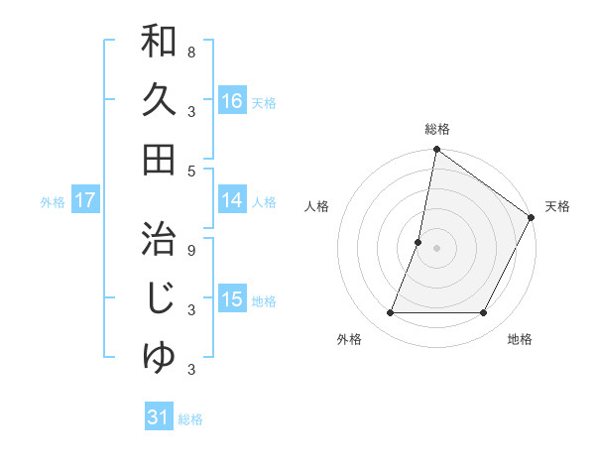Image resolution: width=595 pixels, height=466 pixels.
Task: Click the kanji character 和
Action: tap(159, 42)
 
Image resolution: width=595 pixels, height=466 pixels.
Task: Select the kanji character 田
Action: tap(159, 159)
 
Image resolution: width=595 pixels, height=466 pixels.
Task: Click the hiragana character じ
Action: tap(159, 298)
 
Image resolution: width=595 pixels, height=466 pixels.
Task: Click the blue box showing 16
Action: tap(232, 101)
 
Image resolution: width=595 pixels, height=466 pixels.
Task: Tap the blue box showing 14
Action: tap(232, 200)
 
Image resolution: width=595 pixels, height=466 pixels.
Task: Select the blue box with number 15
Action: tap(232, 299)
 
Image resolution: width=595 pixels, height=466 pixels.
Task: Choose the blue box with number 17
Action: tap(84, 200)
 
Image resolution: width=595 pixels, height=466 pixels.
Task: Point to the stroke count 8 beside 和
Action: tap(191, 52)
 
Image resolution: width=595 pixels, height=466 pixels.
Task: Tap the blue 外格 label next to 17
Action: tap(53, 201)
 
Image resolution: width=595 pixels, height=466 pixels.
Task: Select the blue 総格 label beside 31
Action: tap(190, 418)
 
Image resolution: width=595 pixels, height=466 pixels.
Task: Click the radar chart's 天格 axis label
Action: tap(557, 206)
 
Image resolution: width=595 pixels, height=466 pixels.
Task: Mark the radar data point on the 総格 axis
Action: tap(436, 151)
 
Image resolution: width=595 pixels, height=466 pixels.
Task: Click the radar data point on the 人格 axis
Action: tap(418, 242)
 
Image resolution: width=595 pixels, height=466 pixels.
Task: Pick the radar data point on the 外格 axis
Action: tap(390, 313)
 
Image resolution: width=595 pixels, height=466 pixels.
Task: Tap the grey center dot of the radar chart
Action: tap(436, 248)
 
